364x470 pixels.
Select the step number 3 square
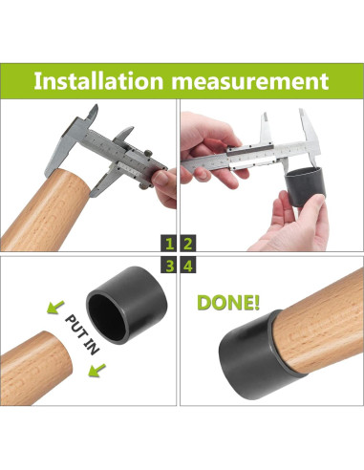pos(169,266)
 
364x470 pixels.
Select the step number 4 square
pos(189,266)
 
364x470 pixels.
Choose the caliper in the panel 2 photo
pos(268,149)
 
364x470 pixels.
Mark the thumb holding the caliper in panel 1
pos(164,186)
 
